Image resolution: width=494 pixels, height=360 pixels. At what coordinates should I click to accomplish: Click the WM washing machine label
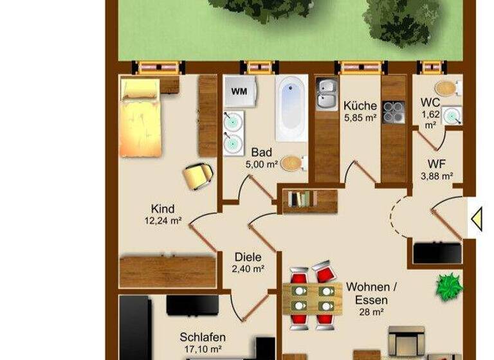coord(239,91)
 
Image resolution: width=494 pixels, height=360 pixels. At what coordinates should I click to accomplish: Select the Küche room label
coord(360,105)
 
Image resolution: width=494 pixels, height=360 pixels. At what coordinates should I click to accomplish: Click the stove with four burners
coord(393,112)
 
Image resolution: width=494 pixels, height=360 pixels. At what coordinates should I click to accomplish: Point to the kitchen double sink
coord(326,93)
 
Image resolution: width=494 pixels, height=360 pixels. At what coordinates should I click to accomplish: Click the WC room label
coord(430,103)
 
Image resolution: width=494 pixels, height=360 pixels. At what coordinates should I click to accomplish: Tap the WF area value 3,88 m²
coord(437,175)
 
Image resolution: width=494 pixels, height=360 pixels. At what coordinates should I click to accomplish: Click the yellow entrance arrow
coord(477,219)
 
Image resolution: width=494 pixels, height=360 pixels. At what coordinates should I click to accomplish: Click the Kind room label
coord(163,209)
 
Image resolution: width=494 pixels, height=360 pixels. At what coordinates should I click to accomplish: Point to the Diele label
coord(248,257)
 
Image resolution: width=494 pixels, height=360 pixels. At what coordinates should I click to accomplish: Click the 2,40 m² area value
coord(248,269)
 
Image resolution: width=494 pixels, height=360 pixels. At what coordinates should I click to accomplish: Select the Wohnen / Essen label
coord(367,293)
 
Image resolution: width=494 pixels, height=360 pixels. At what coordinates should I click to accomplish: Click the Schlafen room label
coord(201,337)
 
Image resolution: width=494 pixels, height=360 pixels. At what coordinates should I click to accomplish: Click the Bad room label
coord(261,152)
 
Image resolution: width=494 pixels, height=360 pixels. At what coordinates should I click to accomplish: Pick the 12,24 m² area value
coord(163,221)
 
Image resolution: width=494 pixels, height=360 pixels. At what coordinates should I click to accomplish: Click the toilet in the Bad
coord(292,163)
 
